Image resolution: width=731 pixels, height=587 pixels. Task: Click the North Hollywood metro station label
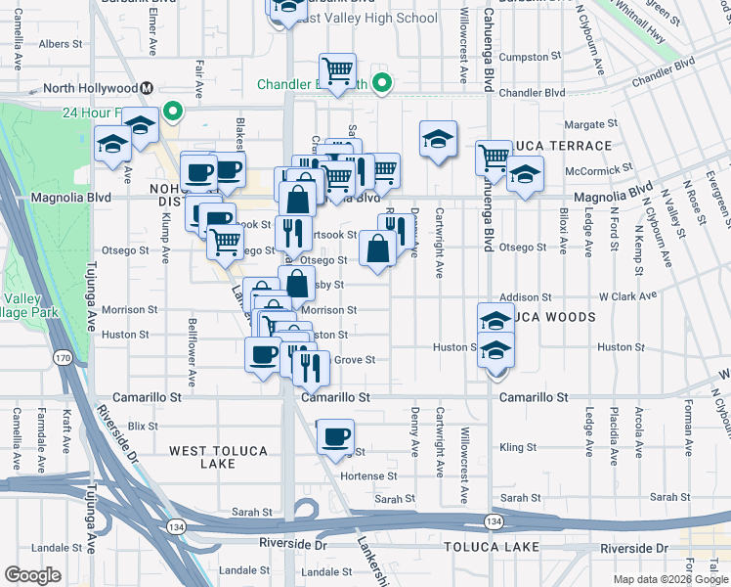(82, 88)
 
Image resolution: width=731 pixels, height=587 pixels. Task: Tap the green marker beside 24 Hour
(174, 111)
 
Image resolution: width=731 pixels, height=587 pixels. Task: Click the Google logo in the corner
(32, 574)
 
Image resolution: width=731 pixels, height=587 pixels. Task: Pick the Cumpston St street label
(524, 58)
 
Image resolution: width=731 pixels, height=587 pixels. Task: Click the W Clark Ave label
(626, 296)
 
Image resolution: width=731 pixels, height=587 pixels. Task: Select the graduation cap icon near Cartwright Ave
(439, 140)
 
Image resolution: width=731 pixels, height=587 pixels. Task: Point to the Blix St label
(143, 427)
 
